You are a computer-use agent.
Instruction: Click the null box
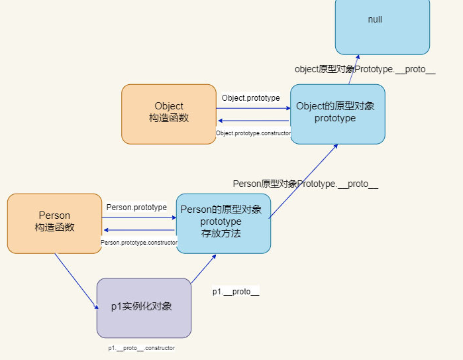pyautogui.click(x=382, y=27)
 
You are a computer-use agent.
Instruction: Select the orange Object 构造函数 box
pyautogui.click(x=169, y=113)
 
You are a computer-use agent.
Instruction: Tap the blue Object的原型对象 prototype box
pyautogui.click(x=338, y=114)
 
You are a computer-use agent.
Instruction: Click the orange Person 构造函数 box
pyautogui.click(x=54, y=223)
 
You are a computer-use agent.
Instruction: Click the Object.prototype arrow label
pyautogui.click(x=250, y=98)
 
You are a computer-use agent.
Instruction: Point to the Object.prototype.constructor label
pyautogui.click(x=254, y=133)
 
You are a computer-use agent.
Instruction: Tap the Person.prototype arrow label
pyautogui.click(x=136, y=208)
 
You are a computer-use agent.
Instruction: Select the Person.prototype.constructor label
pyautogui.click(x=139, y=243)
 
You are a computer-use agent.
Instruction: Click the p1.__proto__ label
pyautogui.click(x=235, y=291)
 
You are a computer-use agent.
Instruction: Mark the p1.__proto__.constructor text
pyautogui.click(x=142, y=347)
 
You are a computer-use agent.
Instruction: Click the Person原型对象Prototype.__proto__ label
pyautogui.click(x=305, y=184)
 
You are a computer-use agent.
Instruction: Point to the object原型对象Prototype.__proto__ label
pyautogui.click(x=365, y=70)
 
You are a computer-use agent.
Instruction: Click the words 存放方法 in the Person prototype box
pyautogui.click(x=221, y=233)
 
